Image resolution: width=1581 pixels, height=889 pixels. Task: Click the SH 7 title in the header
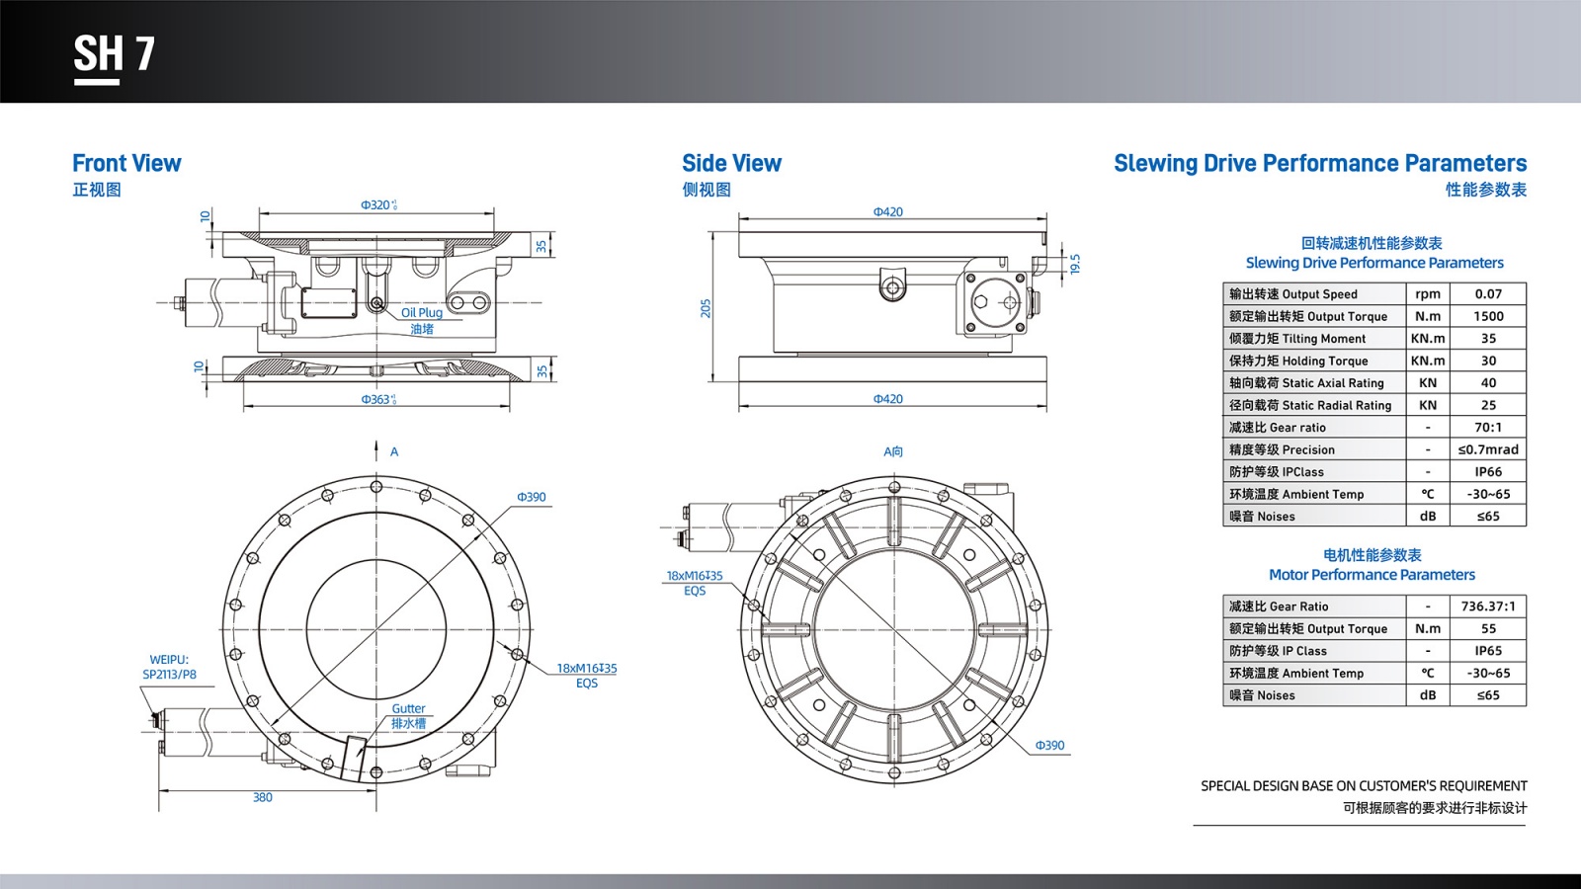pyautogui.click(x=114, y=54)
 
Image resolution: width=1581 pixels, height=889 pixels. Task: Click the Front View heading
pyautogui.click(x=126, y=164)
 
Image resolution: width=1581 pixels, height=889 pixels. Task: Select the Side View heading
pyautogui.click(x=731, y=164)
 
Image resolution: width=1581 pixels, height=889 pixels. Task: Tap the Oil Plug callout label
pyautogui.click(x=422, y=313)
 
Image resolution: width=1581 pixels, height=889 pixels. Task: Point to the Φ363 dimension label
pyautogui.click(x=378, y=400)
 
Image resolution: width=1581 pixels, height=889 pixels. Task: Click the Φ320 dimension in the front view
pyautogui.click(x=378, y=205)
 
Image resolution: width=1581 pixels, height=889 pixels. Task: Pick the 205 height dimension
pyautogui.click(x=706, y=308)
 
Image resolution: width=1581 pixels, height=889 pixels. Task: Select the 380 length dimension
pyautogui.click(x=262, y=798)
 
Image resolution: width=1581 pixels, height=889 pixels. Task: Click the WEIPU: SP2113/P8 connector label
pyautogui.click(x=169, y=667)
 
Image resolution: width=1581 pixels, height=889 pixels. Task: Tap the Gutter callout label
pyautogui.click(x=408, y=709)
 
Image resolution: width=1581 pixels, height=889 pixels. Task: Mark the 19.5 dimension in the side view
pyautogui.click(x=1075, y=264)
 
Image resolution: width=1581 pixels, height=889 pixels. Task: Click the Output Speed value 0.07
pyautogui.click(x=1488, y=294)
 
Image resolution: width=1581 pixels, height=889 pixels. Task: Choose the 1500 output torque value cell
pyautogui.click(x=1488, y=316)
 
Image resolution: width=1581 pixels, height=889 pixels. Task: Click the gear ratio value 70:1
pyautogui.click(x=1488, y=428)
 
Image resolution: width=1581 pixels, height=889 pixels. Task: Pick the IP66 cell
pyautogui.click(x=1488, y=472)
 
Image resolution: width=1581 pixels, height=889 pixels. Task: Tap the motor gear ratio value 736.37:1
pyautogui.click(x=1488, y=606)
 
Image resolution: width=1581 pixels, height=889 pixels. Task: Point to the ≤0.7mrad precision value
pyautogui.click(x=1488, y=449)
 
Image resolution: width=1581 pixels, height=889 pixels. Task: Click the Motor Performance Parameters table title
pyautogui.click(x=1372, y=575)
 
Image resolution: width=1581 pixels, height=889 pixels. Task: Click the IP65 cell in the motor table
pyautogui.click(x=1488, y=651)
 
